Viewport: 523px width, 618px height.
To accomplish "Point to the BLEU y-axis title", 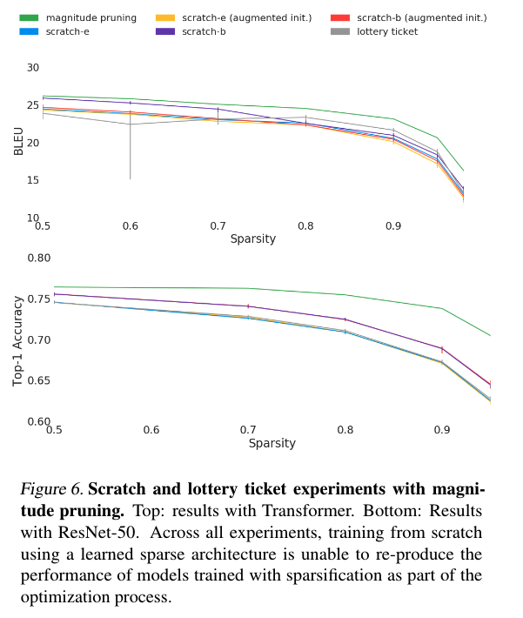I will pyautogui.click(x=18, y=142).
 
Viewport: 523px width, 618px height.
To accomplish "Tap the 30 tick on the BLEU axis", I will pyautogui.click(x=33, y=68).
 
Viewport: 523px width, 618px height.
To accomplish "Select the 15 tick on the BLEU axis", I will pyautogui.click(x=33, y=180).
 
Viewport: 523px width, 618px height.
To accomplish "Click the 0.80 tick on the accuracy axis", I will pyautogui.click(x=39, y=259).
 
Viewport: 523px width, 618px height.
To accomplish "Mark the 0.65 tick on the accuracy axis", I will pyautogui.click(x=39, y=380).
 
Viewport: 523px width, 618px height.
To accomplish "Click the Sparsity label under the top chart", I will pyautogui.click(x=253, y=238).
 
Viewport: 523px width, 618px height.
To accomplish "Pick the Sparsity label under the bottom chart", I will pyautogui.click(x=272, y=443).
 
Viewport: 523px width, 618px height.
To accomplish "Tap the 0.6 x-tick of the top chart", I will pyautogui.click(x=130, y=226).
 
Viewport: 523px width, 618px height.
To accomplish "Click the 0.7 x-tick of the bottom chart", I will pyautogui.click(x=248, y=430).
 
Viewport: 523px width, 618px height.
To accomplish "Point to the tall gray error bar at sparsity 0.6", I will pyautogui.click(x=130, y=152).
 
